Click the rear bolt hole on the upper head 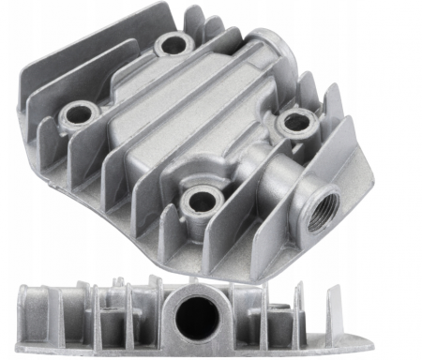[x=173, y=44]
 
